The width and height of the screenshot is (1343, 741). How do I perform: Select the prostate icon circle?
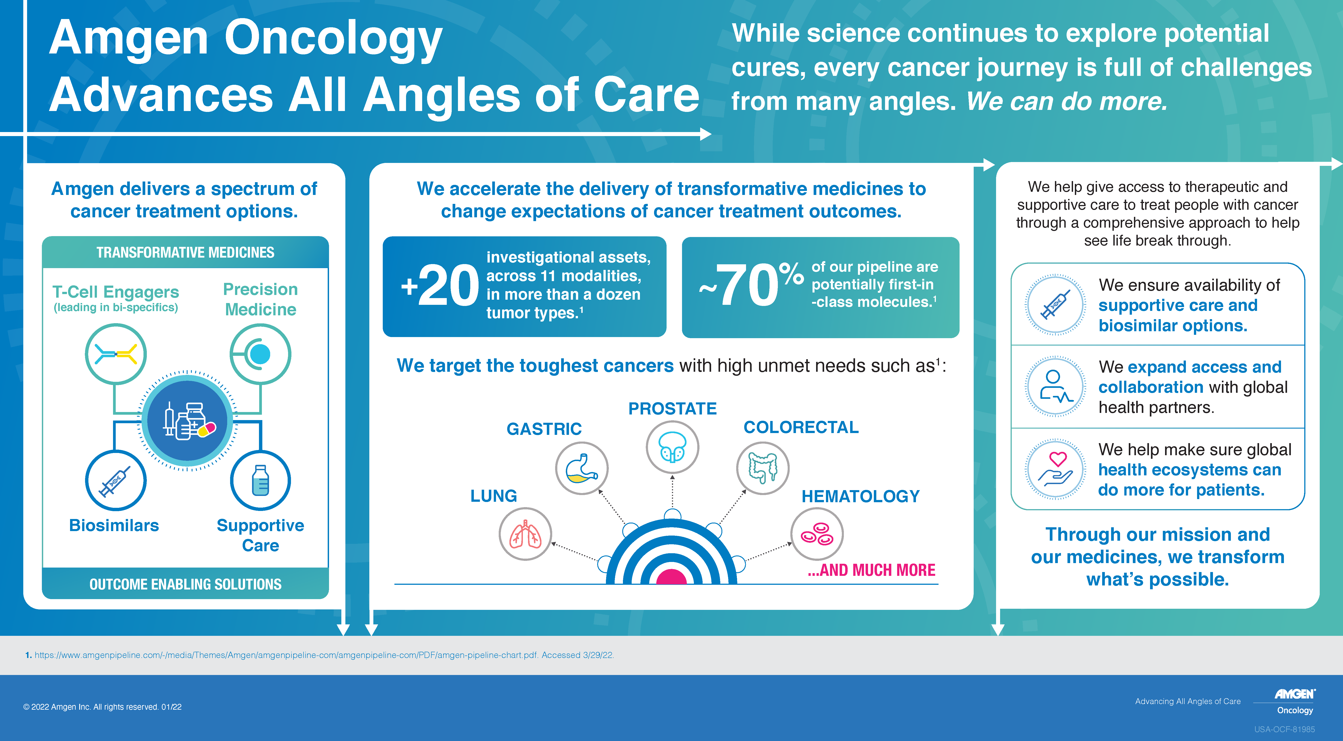click(x=673, y=447)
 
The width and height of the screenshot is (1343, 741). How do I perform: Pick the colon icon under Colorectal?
click(x=763, y=468)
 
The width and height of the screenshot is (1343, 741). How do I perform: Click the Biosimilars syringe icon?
click(x=116, y=480)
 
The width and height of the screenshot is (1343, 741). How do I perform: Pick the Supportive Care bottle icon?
click(x=260, y=480)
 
